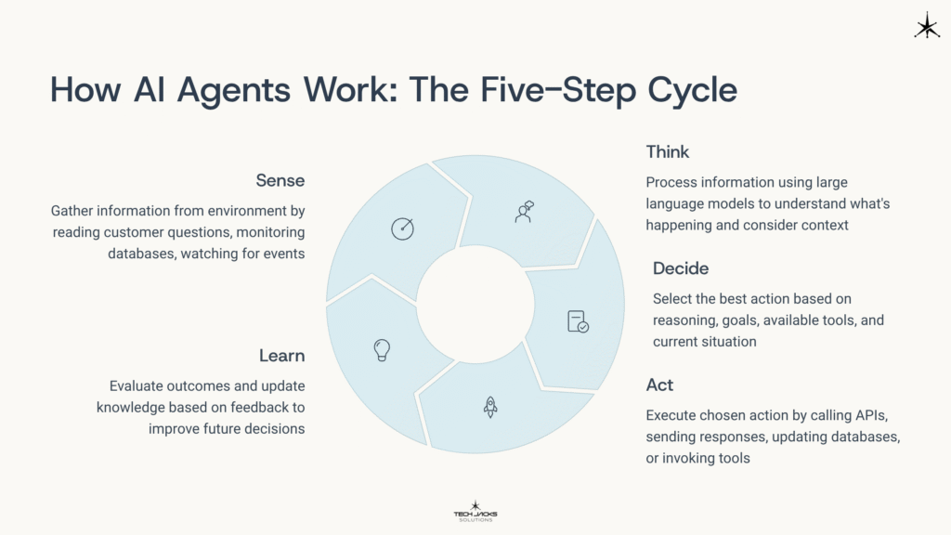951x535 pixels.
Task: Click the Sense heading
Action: tap(280, 179)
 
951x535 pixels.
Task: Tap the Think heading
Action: tap(667, 152)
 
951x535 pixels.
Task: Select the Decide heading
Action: tap(680, 268)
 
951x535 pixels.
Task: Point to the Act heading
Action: tap(659, 385)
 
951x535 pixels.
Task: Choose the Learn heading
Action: tap(281, 355)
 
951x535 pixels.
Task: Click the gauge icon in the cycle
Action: tap(402, 228)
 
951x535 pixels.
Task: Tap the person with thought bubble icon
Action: tap(525, 211)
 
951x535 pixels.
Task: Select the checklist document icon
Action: tap(578, 321)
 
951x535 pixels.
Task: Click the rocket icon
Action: tap(490, 406)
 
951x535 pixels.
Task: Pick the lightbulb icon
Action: tap(381, 348)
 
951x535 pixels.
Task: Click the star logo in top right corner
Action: tap(926, 26)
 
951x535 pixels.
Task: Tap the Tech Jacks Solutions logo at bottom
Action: tap(475, 510)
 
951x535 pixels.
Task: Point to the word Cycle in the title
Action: tap(685, 91)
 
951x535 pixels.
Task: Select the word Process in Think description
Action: tap(670, 182)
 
